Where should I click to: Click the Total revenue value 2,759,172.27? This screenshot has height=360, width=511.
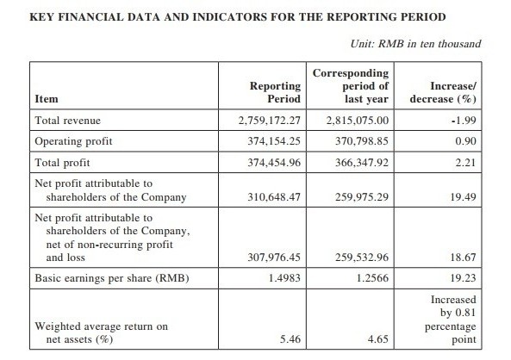269,121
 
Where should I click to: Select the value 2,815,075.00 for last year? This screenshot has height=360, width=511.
358,121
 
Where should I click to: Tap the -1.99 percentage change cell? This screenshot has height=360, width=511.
464,121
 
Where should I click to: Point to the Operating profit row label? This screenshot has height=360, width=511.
73,141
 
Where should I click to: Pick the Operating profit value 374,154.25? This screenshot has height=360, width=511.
274,141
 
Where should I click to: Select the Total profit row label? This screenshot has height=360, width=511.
62,163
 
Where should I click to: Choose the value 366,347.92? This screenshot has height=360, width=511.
362,163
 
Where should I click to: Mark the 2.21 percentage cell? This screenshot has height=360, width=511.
465,163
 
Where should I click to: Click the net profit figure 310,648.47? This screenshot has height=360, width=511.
274,197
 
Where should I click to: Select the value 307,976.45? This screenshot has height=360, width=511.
274,258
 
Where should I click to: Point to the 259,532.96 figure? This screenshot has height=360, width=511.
362,258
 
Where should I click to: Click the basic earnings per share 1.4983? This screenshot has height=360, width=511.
284,278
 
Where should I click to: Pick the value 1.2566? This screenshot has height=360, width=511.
372,278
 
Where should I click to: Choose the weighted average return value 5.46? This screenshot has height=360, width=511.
290,339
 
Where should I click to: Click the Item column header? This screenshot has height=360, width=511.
47,99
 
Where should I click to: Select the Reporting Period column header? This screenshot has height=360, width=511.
275,92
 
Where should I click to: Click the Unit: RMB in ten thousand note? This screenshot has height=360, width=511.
415,44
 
